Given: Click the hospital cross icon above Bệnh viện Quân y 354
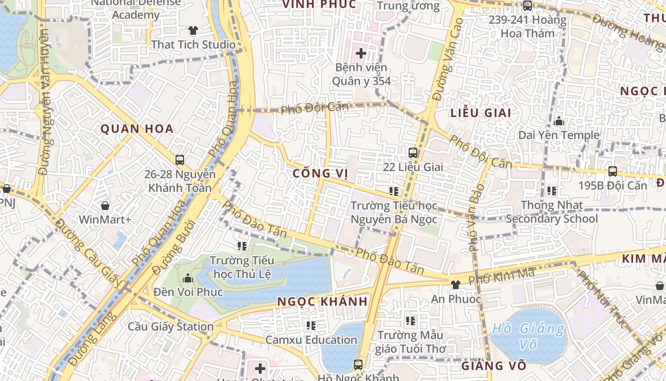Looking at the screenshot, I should pos(361,53).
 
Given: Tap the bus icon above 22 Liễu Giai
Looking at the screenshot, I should pos(413,153).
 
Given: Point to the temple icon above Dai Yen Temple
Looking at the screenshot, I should pos(559,121).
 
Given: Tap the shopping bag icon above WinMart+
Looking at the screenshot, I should pos(105,206).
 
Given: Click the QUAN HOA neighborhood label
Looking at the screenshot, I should pos(137,129).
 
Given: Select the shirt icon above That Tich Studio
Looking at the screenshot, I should pos(193,30).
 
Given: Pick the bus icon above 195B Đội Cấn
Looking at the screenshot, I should pos(613,171).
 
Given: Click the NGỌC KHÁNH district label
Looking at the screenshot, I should pos(323,301).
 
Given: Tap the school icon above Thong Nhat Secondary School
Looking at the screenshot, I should pos(552,191).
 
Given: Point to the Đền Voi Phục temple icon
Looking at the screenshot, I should pos(188,278).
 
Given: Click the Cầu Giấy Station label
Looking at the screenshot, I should pos(171,327).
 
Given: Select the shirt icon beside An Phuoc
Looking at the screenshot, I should pos(456,285).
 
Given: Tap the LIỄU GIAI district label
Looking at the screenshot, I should pos(480,113).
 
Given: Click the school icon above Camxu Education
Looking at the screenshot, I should pos(311,326).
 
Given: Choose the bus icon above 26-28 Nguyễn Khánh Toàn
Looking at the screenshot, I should pos(180,160).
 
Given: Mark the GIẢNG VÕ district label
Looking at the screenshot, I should pos(494,366).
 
